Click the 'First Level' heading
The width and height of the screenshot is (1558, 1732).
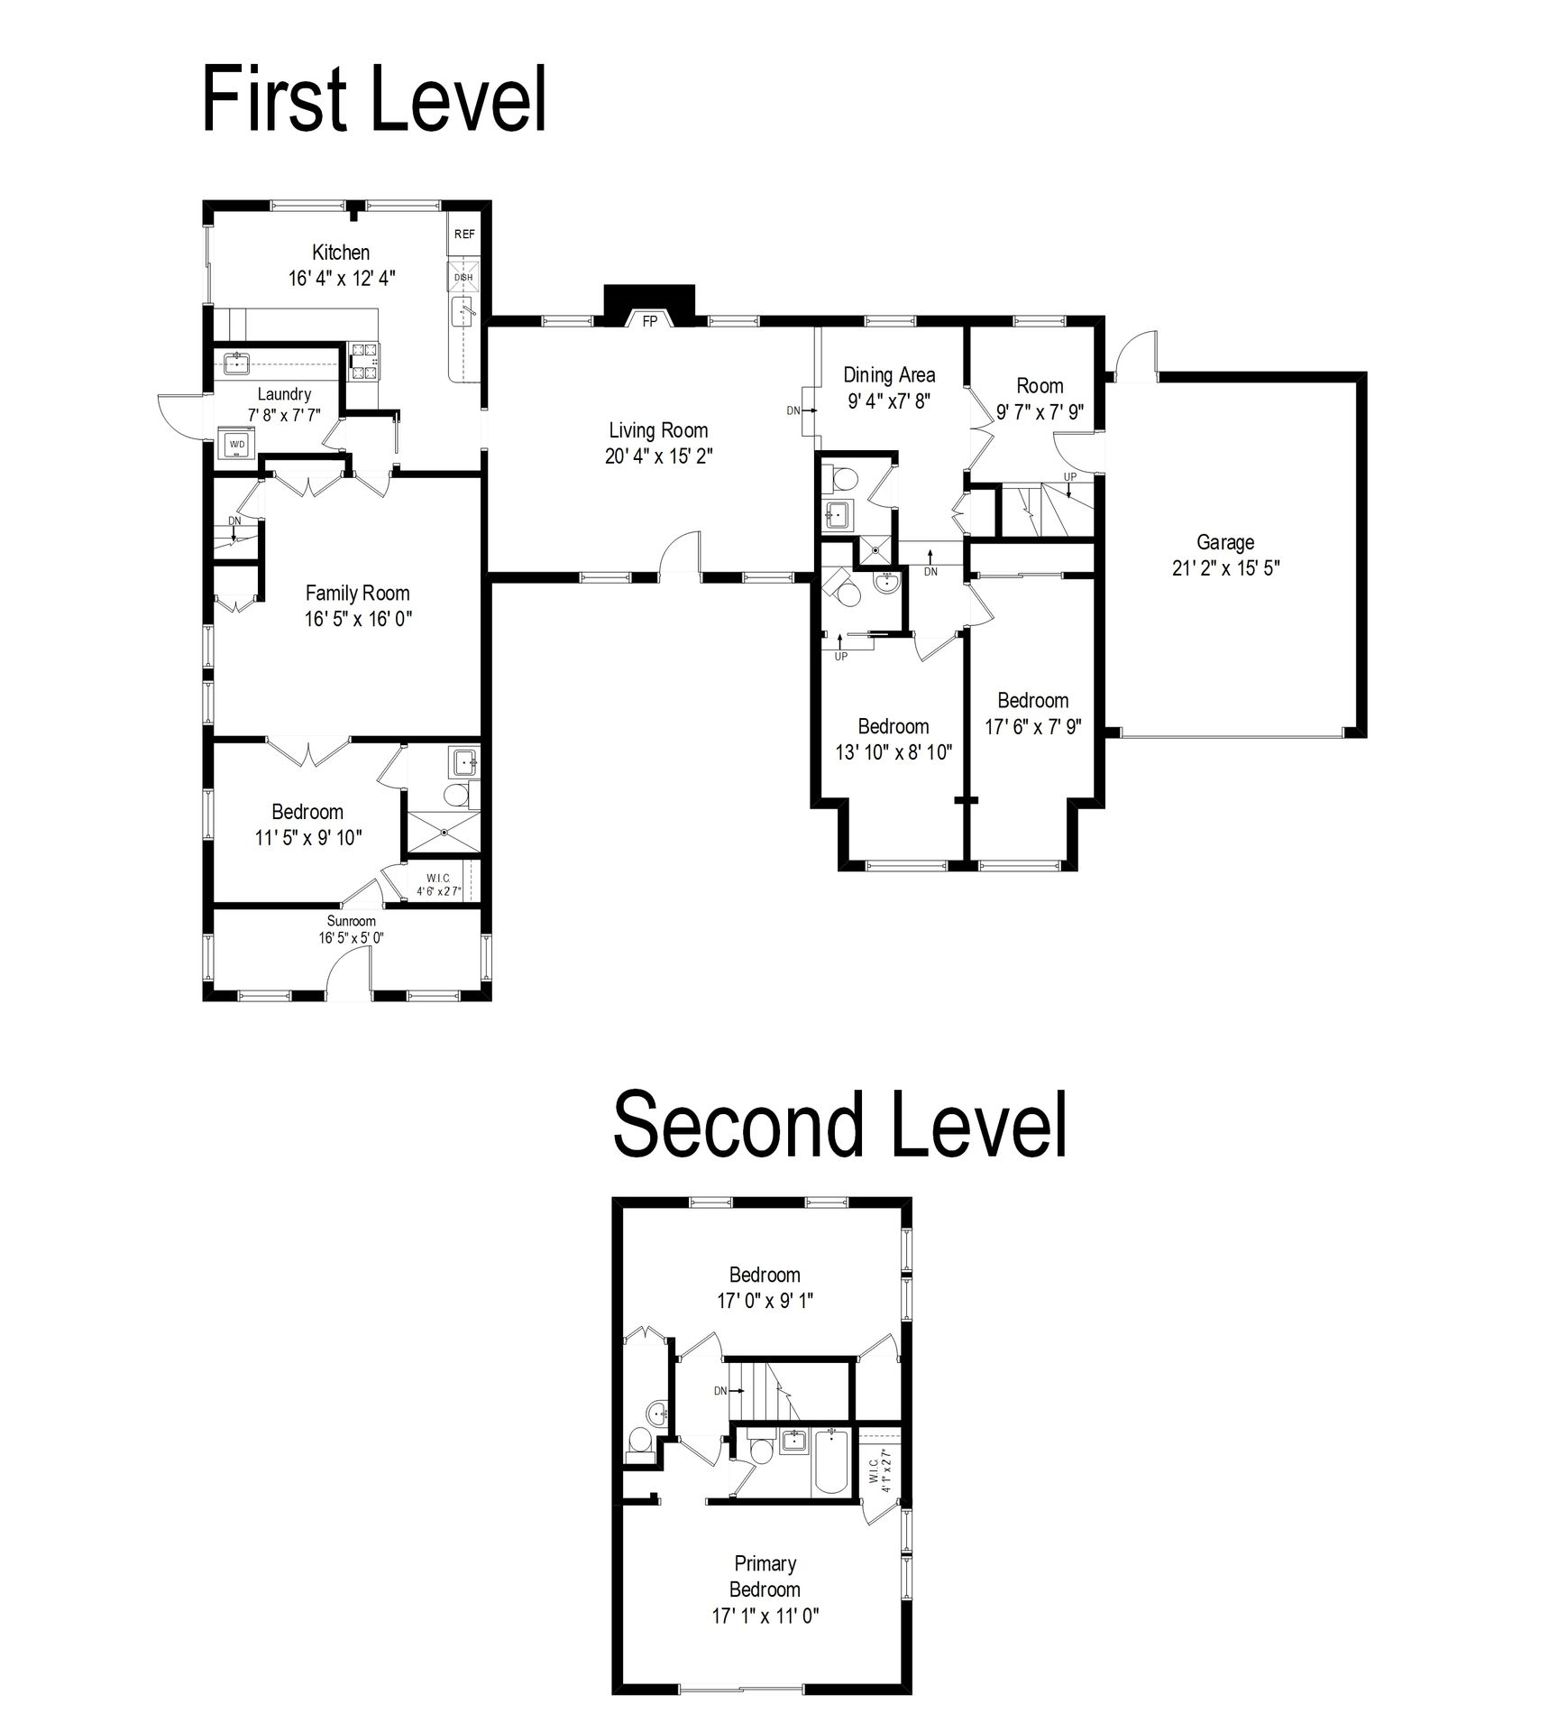click(x=374, y=100)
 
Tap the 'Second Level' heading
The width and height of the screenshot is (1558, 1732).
click(x=839, y=1124)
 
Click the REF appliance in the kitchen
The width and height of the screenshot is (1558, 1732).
click(x=464, y=235)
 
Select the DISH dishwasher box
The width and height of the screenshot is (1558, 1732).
click(x=464, y=277)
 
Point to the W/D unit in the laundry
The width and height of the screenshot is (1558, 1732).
click(x=237, y=445)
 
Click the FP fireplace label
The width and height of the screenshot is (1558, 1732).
click(x=649, y=321)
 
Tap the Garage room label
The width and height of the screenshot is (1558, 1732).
click(x=1225, y=542)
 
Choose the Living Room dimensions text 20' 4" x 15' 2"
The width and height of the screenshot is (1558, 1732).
click(x=658, y=456)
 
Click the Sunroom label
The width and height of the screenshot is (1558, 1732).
click(x=351, y=921)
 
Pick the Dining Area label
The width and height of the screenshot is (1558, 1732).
click(x=889, y=375)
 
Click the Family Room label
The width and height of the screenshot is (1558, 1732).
click(x=357, y=593)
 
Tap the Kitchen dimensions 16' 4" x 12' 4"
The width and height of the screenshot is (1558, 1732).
click(x=342, y=278)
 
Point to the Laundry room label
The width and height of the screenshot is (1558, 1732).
click(x=284, y=394)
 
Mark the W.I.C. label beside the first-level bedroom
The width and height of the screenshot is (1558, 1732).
click(x=438, y=879)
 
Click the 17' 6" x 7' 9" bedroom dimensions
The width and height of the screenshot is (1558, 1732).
click(x=1033, y=726)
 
